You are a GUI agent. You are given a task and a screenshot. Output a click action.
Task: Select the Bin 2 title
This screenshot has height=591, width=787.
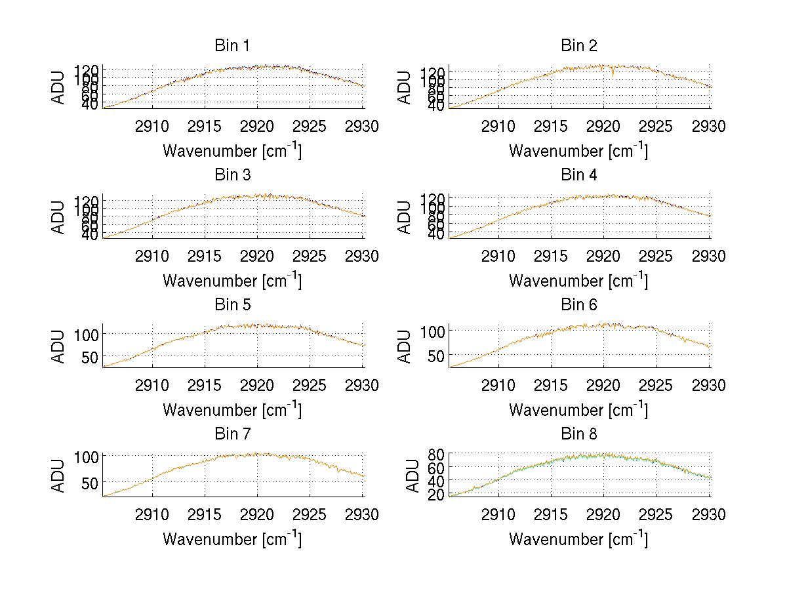pos(578,46)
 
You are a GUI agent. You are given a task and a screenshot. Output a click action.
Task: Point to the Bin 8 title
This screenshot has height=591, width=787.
pos(578,434)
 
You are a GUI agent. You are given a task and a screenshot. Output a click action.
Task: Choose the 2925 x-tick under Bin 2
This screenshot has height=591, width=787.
pos(656,127)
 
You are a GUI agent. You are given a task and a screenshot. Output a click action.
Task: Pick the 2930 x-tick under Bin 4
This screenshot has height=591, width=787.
pos(709,256)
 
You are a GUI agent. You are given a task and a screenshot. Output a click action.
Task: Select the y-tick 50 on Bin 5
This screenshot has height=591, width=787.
pos(89,356)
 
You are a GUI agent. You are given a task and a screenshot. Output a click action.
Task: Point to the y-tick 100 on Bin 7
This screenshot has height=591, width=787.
pos(86,455)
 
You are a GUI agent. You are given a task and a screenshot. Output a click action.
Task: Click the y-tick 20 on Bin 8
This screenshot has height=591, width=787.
pos(435,495)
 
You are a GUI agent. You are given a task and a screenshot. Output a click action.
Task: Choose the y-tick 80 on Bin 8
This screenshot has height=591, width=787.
pos(435,453)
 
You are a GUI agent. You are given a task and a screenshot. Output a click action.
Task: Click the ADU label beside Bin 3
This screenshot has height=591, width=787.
pos(59,217)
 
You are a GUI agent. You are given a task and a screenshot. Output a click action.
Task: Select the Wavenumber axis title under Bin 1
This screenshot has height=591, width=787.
pos(232,150)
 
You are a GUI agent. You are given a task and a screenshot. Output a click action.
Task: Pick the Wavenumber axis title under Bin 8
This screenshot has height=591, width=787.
pos(578,539)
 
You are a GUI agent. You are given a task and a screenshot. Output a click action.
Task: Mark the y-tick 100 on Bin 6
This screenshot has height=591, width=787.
pos(432,331)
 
